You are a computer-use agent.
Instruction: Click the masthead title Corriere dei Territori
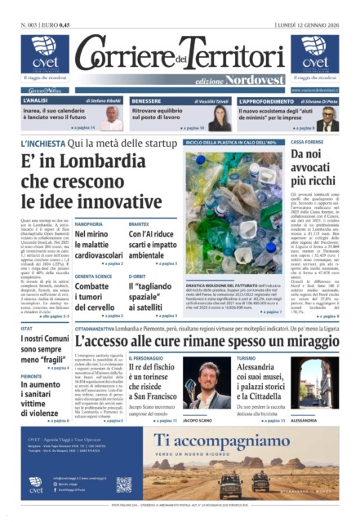point(180,53)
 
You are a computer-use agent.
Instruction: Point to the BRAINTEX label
point(139,223)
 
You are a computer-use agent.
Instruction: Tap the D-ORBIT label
point(136,276)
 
